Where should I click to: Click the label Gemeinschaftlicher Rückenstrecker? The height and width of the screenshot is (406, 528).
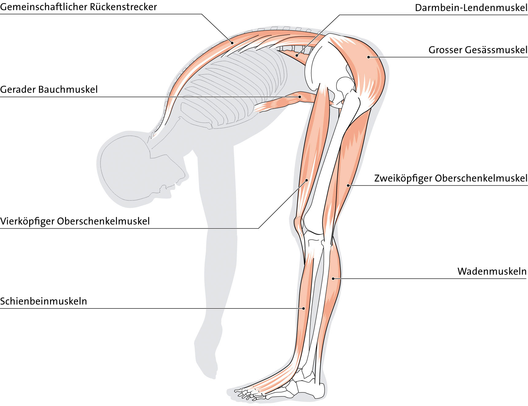78,7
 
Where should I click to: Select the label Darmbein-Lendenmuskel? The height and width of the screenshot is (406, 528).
471,8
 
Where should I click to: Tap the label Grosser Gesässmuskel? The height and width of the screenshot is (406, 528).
478,50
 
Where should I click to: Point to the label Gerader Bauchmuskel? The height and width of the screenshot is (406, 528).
49,90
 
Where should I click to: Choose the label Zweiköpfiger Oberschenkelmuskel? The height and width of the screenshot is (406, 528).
451,178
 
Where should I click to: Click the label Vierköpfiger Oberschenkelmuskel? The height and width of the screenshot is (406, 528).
75,221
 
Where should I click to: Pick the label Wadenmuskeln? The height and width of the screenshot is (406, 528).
492,271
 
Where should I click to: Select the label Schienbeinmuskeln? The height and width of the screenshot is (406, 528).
44,301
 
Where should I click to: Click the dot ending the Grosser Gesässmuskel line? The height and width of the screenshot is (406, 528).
368,57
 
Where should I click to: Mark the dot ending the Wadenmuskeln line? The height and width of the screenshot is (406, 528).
333,279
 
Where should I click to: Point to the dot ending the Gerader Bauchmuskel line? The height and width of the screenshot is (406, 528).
300,97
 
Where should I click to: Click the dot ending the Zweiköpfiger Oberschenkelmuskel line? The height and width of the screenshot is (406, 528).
348,185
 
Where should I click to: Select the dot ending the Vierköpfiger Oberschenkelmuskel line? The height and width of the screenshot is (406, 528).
306,180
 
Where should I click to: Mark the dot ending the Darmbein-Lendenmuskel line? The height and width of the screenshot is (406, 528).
297,56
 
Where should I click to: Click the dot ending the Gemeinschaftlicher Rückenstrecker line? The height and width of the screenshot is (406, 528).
232,43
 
